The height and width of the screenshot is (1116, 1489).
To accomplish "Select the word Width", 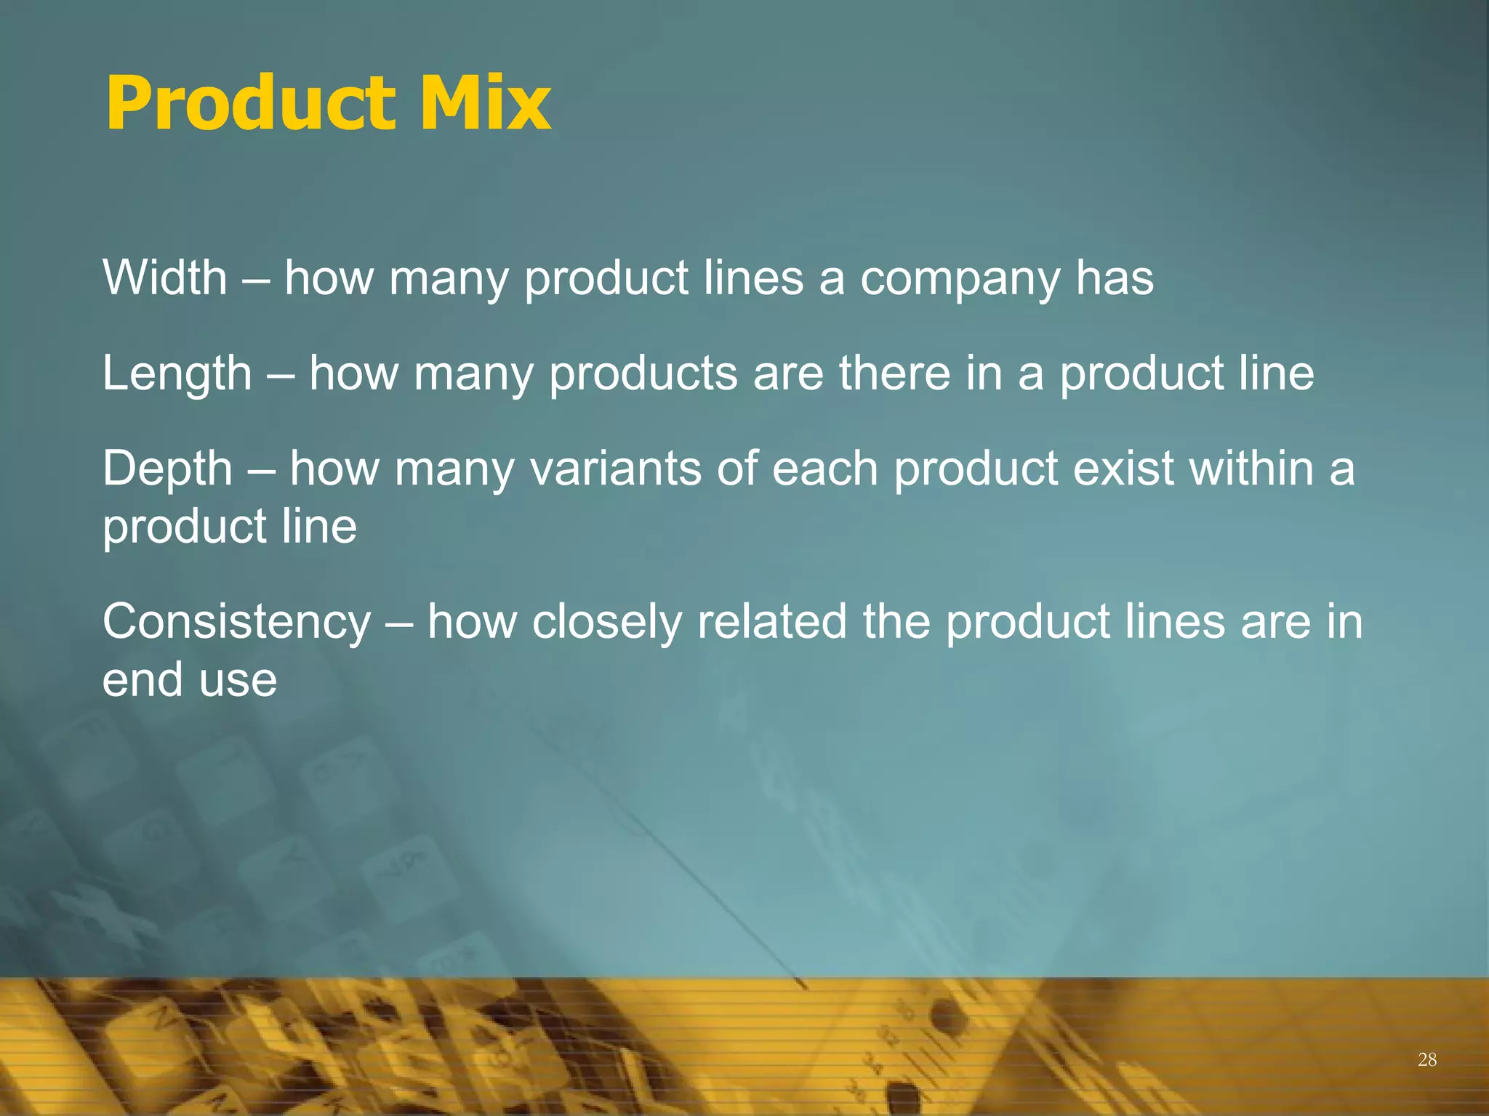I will [x=165, y=278].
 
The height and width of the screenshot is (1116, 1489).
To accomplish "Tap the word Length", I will [x=177, y=373].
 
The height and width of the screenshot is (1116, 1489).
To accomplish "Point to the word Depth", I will [x=167, y=469].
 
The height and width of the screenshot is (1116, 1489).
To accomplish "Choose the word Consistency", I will [x=237, y=623].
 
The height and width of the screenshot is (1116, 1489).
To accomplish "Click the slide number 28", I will [x=1427, y=1060].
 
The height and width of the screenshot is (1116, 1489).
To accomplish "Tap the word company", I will [x=960, y=280].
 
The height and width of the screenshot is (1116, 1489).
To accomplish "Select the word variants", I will [x=615, y=469].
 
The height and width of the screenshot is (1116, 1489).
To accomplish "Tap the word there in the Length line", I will [x=894, y=373].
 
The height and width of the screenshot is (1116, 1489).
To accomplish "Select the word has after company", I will [x=1115, y=278].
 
